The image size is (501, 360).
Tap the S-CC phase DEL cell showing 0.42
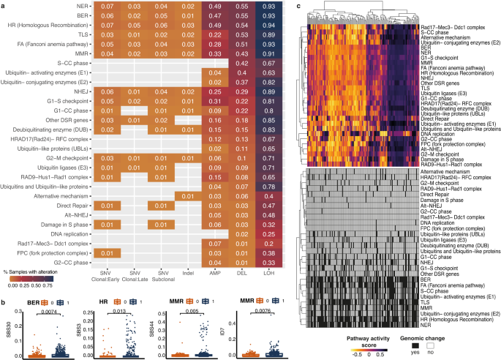(238, 61)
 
